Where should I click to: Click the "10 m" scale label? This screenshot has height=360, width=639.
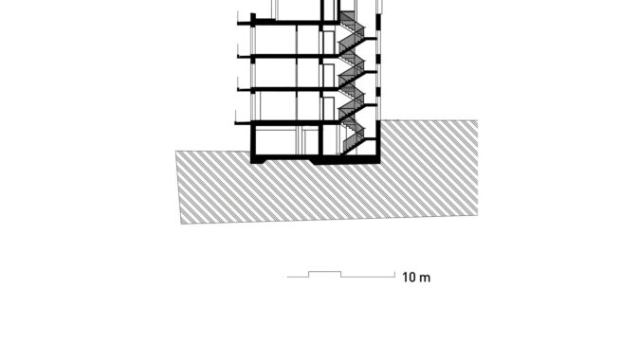pyautogui.click(x=416, y=278)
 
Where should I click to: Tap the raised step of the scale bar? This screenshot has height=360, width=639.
pyautogui.click(x=325, y=272)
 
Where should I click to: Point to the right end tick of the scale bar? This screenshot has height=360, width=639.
pyautogui.click(x=394, y=274)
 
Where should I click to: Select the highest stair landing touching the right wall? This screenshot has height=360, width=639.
pyautogui.click(x=371, y=38)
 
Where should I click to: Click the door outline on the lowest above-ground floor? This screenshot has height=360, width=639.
pyautogui.click(x=328, y=109)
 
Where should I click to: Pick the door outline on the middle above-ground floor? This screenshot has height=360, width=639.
pyautogui.click(x=328, y=76)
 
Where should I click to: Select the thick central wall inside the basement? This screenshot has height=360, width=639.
pyautogui.click(x=320, y=139)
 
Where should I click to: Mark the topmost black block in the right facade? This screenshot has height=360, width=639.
pyautogui.click(x=378, y=23)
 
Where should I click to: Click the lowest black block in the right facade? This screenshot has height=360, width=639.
pyautogui.click(x=378, y=92)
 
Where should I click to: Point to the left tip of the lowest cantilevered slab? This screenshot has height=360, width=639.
pyautogui.click(x=235, y=122)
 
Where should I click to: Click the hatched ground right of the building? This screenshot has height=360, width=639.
pyautogui.click(x=429, y=167)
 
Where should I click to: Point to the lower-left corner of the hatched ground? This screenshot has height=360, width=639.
pyautogui.click(x=180, y=224)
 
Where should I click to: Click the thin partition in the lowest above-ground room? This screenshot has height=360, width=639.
pyautogui.click(x=297, y=106)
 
